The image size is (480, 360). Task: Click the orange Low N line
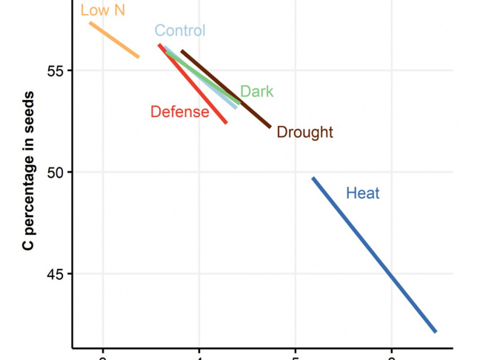pos(114,40)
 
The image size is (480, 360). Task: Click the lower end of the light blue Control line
pos(236,107)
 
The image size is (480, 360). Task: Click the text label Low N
pos(102,10)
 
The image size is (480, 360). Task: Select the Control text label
pos(180,30)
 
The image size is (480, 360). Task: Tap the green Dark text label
pos(257,92)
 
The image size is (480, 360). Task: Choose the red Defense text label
pos(179,112)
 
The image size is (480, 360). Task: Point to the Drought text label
pos(304,133)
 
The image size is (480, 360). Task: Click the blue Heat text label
pos(363,193)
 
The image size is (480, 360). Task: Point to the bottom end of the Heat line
pos(436,331)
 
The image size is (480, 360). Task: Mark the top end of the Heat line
pos(313,179)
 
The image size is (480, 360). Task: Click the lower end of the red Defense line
pos(226,122)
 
